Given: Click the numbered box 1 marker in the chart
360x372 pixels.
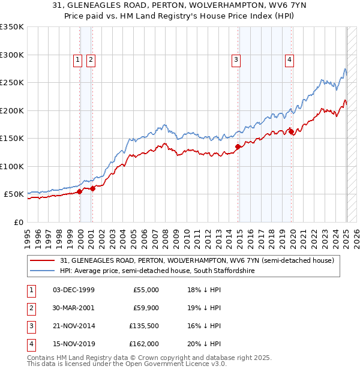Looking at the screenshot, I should click(78, 59).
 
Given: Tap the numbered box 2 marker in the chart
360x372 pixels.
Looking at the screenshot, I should click(91, 59).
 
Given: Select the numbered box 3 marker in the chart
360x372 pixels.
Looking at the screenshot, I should click(236, 59).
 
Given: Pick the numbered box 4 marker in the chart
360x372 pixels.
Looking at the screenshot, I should click(289, 59).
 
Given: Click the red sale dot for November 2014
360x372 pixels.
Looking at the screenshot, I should click(238, 146).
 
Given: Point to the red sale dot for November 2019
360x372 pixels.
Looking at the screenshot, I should click(291, 131).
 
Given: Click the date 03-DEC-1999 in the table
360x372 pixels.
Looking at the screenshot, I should click(74, 290).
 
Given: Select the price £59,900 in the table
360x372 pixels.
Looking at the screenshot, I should click(146, 308).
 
